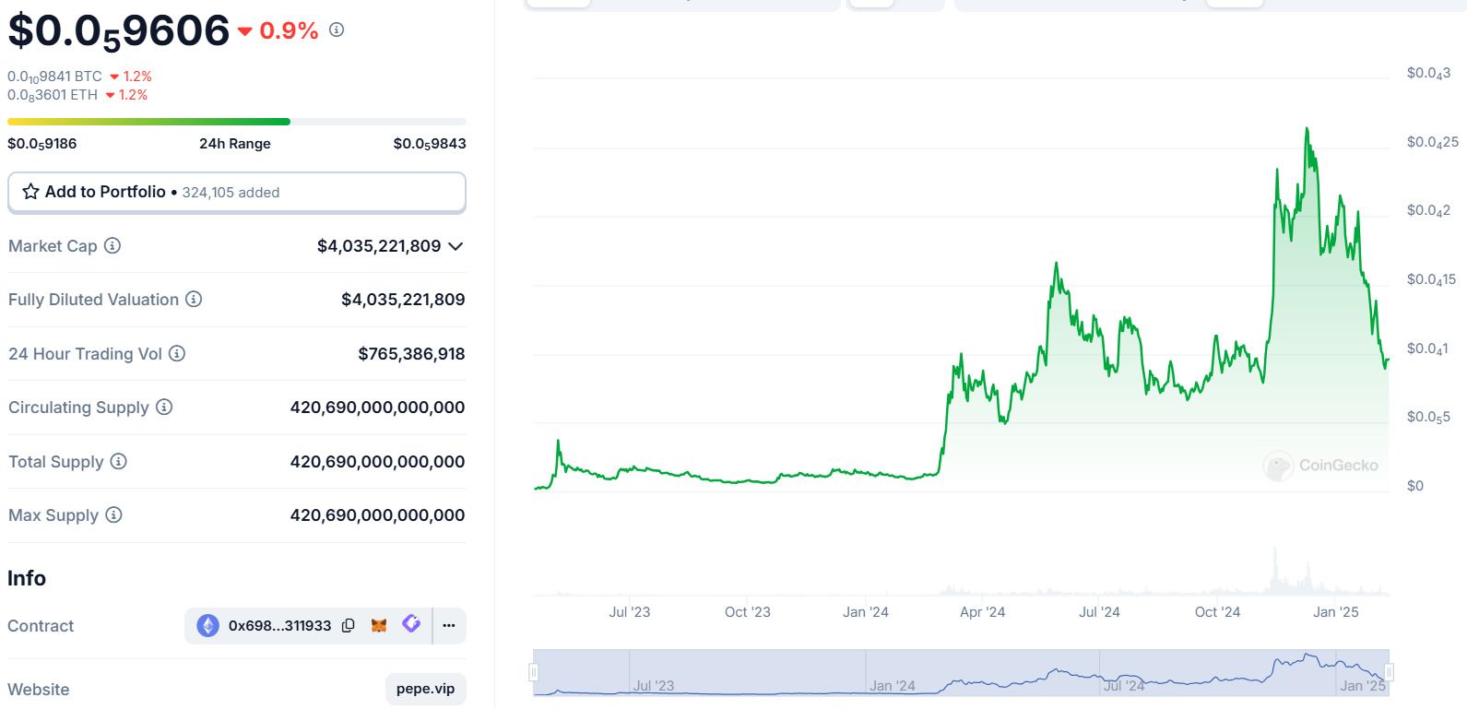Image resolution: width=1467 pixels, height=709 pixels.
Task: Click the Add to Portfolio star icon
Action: coord(30,192)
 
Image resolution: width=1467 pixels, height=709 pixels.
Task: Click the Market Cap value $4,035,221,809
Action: coord(378,246)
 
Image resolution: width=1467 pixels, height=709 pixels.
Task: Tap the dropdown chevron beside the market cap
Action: coord(455,246)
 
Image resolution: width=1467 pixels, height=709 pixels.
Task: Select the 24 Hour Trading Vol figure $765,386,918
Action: coord(411,354)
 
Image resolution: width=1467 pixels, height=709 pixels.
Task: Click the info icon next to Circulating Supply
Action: coord(164,408)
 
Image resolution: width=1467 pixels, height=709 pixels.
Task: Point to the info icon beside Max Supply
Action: coord(113,515)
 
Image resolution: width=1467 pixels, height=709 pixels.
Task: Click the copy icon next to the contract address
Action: coord(349,626)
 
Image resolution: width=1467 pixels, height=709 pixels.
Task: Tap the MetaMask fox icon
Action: coord(379,626)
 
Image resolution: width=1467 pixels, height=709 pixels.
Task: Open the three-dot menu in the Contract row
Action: coord(449,626)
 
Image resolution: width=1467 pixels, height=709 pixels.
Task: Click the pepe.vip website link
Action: coord(425,689)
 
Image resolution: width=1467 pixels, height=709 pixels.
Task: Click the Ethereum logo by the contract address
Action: coord(208,626)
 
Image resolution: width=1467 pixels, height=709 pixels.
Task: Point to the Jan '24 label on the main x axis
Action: coord(865,612)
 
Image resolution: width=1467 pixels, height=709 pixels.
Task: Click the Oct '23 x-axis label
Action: coord(747,612)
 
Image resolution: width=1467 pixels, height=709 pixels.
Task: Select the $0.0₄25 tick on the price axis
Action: coord(1432,142)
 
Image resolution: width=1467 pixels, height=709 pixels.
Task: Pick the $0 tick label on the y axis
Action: coord(1414,486)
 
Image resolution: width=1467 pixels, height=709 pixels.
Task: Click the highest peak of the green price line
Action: coord(1307,130)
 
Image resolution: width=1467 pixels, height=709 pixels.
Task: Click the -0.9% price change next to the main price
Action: coord(288,31)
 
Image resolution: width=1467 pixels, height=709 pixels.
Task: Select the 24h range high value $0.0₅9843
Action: coord(429,144)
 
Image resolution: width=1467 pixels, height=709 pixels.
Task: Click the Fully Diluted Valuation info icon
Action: coord(194,300)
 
